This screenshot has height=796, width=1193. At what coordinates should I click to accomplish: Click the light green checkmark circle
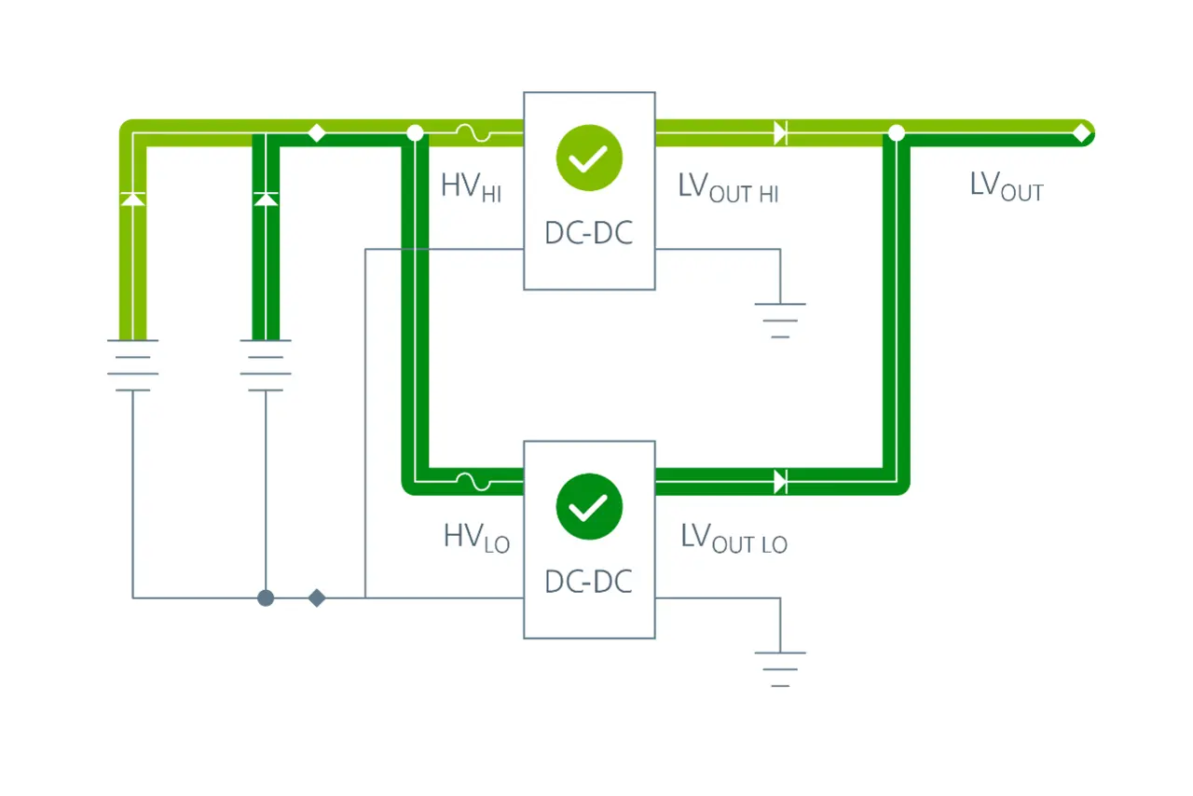589,158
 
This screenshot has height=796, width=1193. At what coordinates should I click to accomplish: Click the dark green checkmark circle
589,506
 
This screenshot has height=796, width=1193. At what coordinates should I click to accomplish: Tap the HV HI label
472,188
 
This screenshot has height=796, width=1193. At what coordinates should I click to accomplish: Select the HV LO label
476,538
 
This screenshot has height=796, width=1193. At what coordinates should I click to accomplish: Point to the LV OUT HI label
729,188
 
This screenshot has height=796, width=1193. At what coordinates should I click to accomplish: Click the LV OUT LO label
734,538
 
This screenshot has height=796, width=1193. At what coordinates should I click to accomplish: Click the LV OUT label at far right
1007,186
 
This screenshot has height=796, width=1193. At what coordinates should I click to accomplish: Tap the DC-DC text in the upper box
589,233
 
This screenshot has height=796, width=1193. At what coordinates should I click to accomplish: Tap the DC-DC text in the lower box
589,582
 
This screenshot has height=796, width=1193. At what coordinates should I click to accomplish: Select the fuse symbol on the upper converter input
473,132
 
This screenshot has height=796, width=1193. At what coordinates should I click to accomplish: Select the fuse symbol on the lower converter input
473,482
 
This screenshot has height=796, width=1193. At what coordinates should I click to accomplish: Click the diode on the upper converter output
781,132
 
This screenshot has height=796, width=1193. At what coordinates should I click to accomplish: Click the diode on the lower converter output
781,482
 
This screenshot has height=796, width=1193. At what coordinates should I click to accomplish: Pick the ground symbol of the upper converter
780,321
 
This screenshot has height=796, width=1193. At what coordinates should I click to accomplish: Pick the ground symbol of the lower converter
780,669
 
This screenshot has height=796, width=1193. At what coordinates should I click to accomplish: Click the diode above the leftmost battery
132,199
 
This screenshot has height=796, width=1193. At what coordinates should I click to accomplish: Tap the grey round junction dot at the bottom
266,597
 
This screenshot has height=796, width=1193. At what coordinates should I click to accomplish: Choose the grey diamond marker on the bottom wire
317,597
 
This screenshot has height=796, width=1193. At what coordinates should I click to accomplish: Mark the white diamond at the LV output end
1082,132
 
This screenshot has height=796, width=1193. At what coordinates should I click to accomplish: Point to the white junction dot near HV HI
415,132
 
